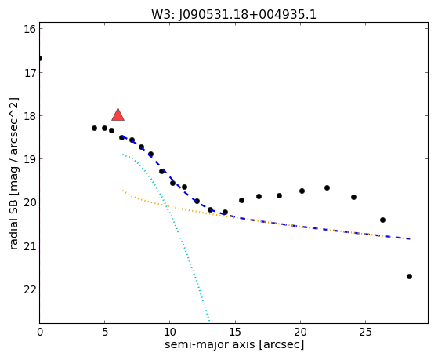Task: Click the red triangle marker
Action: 118,115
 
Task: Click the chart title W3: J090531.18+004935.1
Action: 233,15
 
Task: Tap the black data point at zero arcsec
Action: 40,59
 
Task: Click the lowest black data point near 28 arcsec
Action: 410,277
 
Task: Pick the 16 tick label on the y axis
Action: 30,29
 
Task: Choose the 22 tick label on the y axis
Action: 30,289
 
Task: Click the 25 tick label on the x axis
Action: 365,333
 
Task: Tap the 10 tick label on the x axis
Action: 169,333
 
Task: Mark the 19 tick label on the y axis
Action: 30,159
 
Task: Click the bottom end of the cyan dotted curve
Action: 209,320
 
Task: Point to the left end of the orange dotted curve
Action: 123,191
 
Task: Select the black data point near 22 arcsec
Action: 327,188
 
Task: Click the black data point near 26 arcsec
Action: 382,220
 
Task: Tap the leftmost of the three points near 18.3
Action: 94,129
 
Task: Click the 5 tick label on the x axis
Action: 104,333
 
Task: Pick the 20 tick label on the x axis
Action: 300,333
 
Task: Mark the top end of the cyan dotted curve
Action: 123,155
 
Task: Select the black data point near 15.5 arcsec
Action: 241,201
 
